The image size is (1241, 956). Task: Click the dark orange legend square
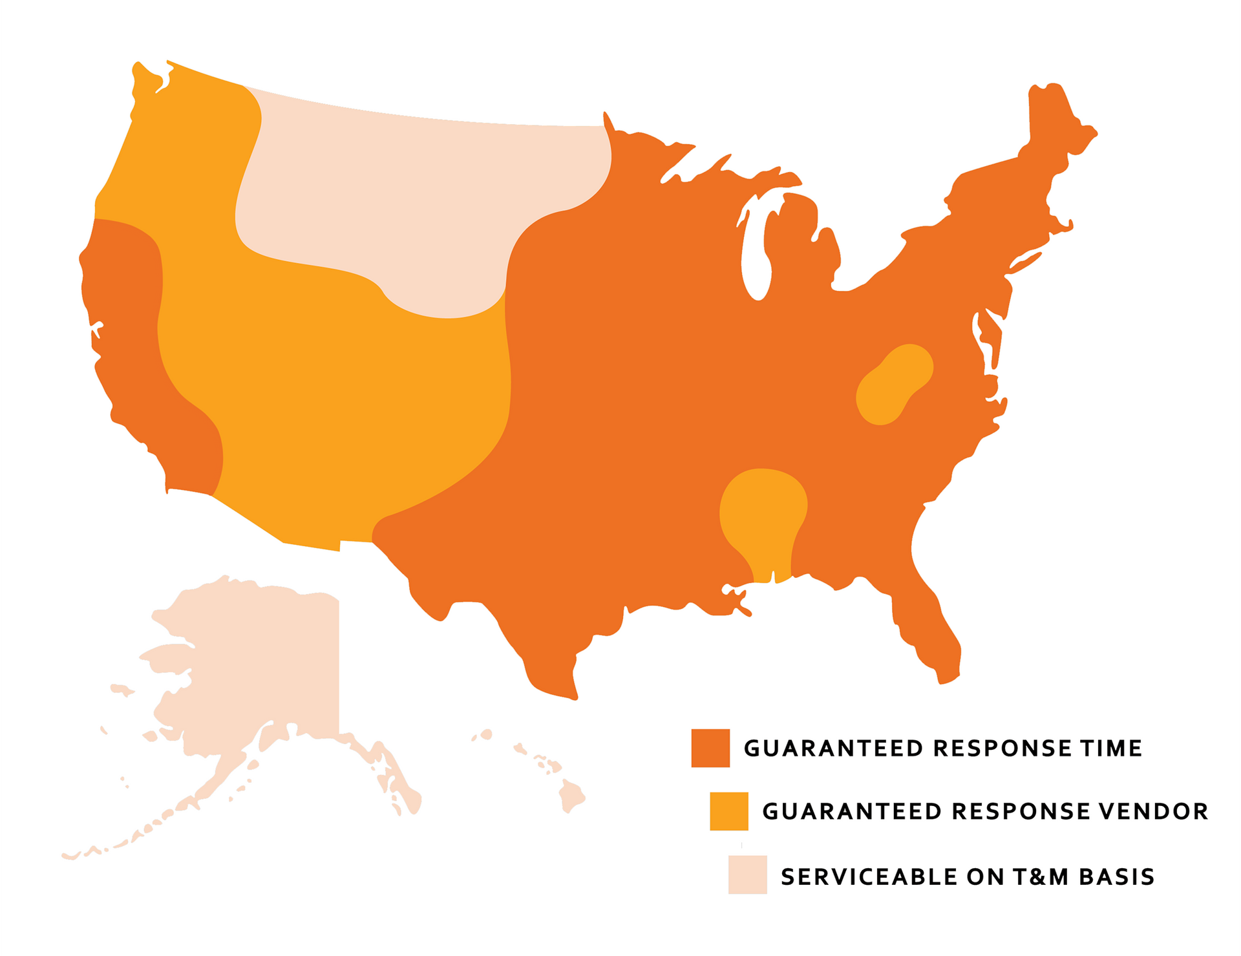(x=710, y=748)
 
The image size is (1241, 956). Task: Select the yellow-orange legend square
(x=728, y=811)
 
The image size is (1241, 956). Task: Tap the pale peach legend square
(x=747, y=875)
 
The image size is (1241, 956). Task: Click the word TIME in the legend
(x=1110, y=749)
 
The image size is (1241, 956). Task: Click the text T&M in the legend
(x=1040, y=877)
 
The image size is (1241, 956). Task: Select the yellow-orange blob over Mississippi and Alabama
(x=763, y=511)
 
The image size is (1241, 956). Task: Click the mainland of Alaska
(x=259, y=659)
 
